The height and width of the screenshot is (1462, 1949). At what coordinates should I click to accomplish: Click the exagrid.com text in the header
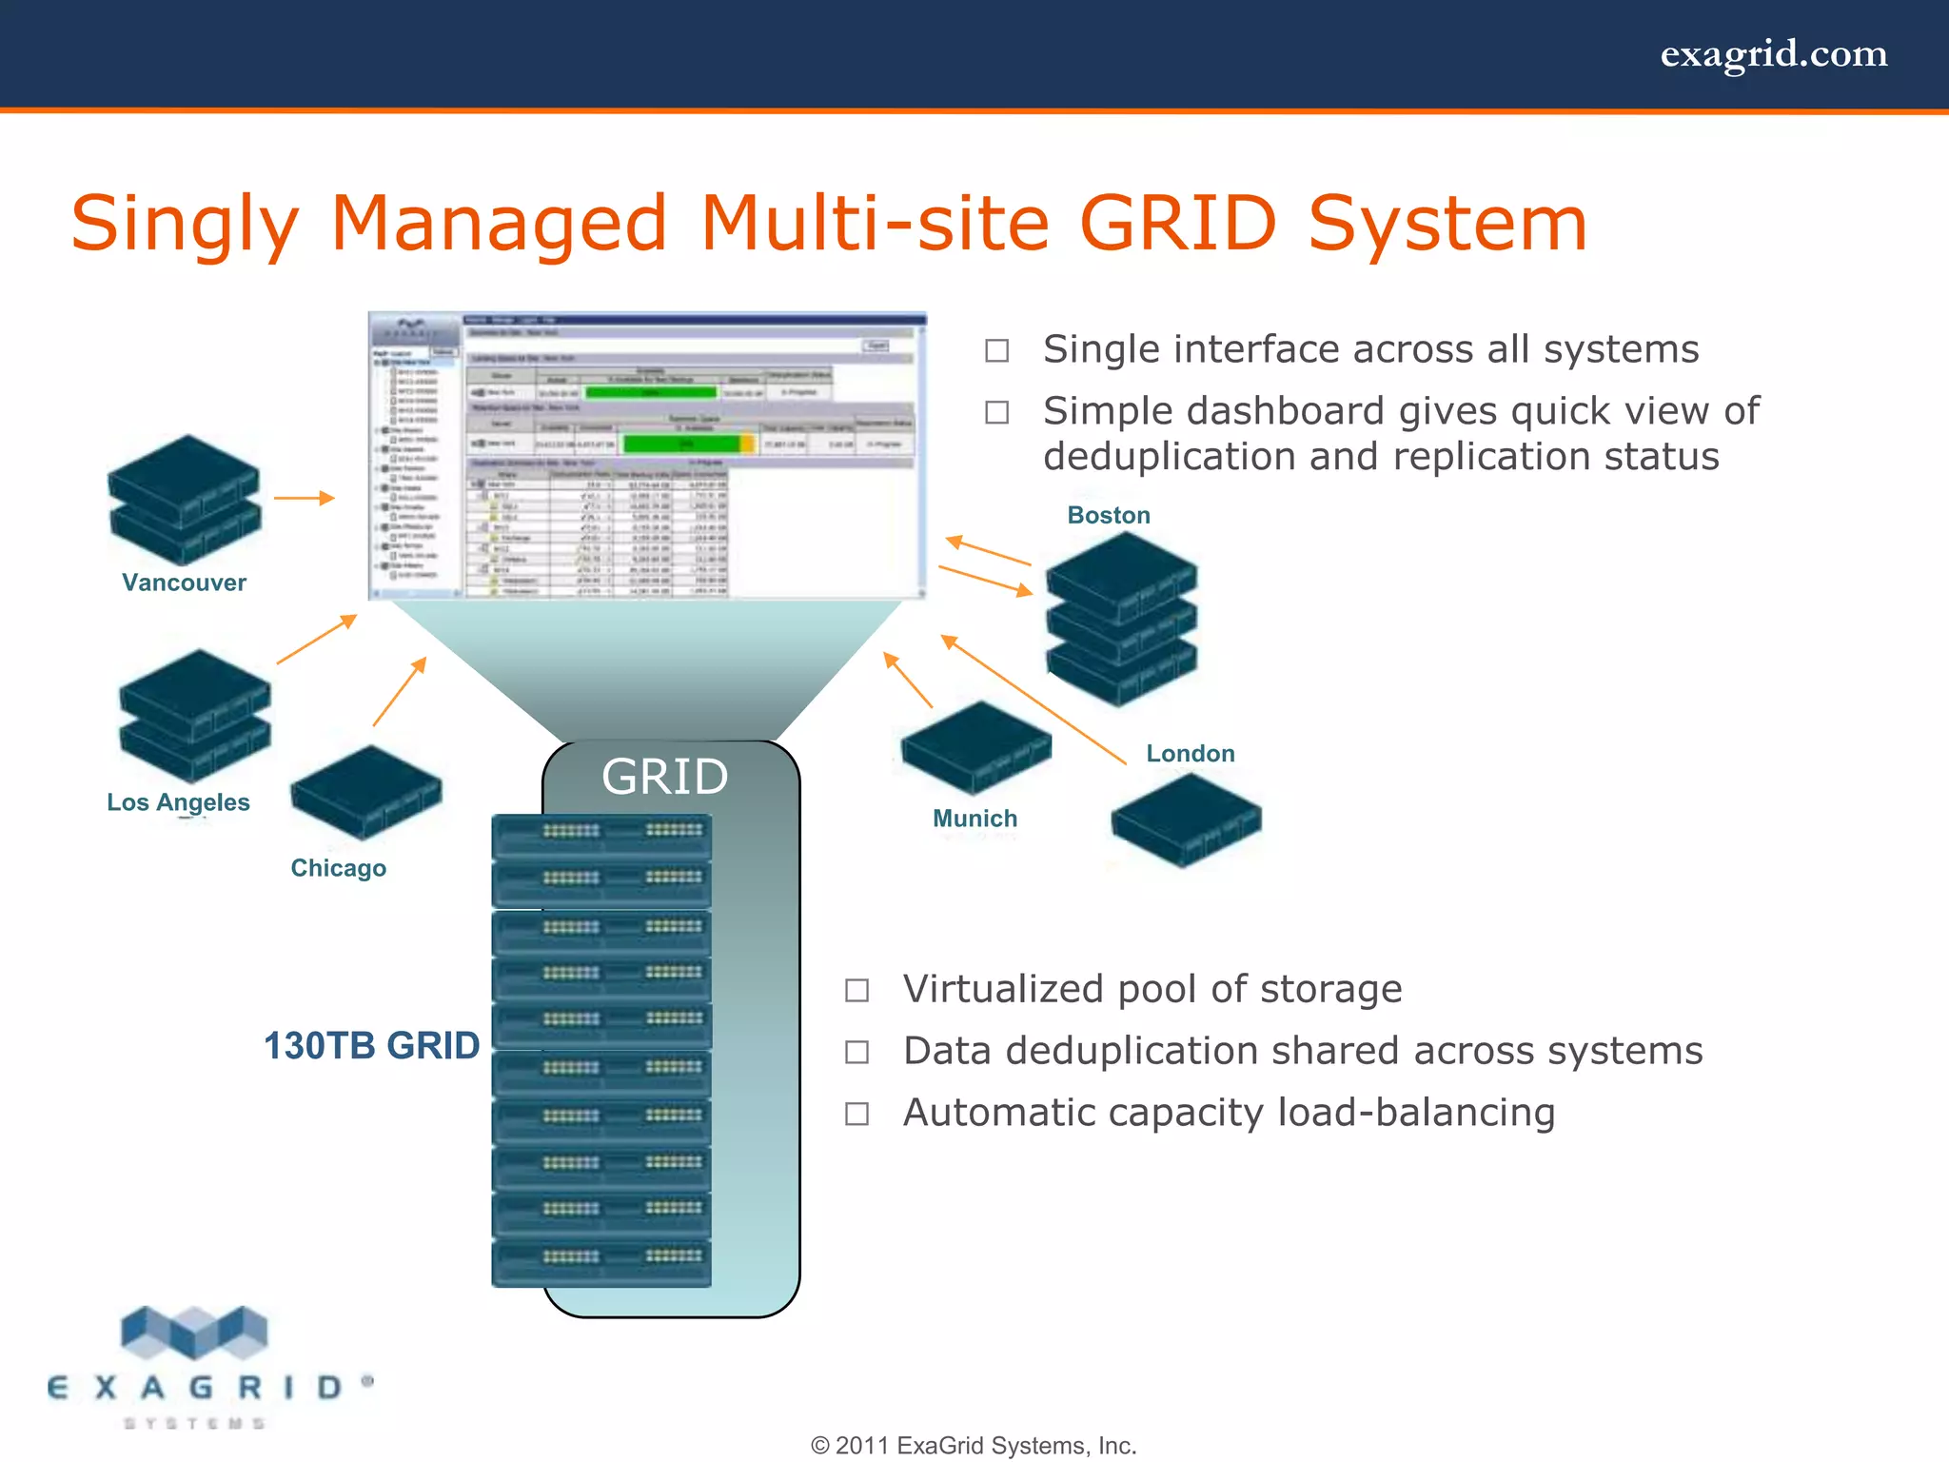tap(1773, 54)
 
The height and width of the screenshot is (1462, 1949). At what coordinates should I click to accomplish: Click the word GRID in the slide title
tap(1177, 224)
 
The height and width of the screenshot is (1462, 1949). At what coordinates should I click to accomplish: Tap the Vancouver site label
tap(184, 583)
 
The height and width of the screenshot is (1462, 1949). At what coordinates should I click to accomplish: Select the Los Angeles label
tap(178, 802)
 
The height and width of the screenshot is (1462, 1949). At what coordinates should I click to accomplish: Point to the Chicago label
tap(338, 868)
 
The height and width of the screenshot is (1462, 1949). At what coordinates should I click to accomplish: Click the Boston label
tap(1109, 515)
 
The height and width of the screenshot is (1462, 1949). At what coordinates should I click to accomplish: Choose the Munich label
tap(974, 819)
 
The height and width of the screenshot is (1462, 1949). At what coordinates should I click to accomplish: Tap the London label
tap(1190, 754)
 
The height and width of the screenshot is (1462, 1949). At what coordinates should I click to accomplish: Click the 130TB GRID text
tap(371, 1046)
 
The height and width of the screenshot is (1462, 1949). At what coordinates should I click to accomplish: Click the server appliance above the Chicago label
tap(366, 792)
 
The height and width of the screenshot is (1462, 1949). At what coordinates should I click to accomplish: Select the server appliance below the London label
tap(1186, 820)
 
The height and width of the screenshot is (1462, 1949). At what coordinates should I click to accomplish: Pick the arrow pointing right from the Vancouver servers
tap(304, 498)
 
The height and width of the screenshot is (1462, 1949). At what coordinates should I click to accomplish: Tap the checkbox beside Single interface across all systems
tap(996, 351)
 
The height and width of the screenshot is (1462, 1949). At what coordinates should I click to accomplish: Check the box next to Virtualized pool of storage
tap(856, 991)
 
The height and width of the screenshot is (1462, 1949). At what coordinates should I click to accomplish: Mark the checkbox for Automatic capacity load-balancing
tap(856, 1114)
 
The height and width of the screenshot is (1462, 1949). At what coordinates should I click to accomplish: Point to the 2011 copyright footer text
tap(974, 1446)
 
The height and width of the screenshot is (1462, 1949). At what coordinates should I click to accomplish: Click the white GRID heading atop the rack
tap(664, 777)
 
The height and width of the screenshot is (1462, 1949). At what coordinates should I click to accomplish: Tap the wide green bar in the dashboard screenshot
tap(681, 445)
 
